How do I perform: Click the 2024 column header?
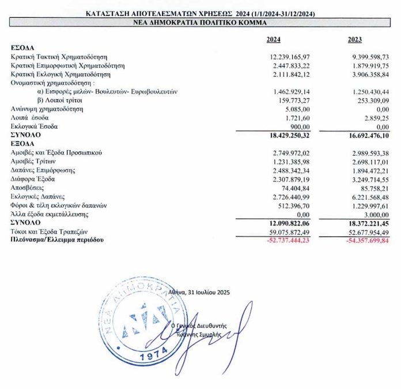click(274, 40)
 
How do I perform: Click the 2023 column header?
click(355, 40)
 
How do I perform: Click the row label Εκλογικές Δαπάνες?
click(38, 196)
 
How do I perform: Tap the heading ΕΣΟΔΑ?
click(22, 48)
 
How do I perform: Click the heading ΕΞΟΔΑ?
click(22, 144)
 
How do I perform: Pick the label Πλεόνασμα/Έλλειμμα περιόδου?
click(53, 239)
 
